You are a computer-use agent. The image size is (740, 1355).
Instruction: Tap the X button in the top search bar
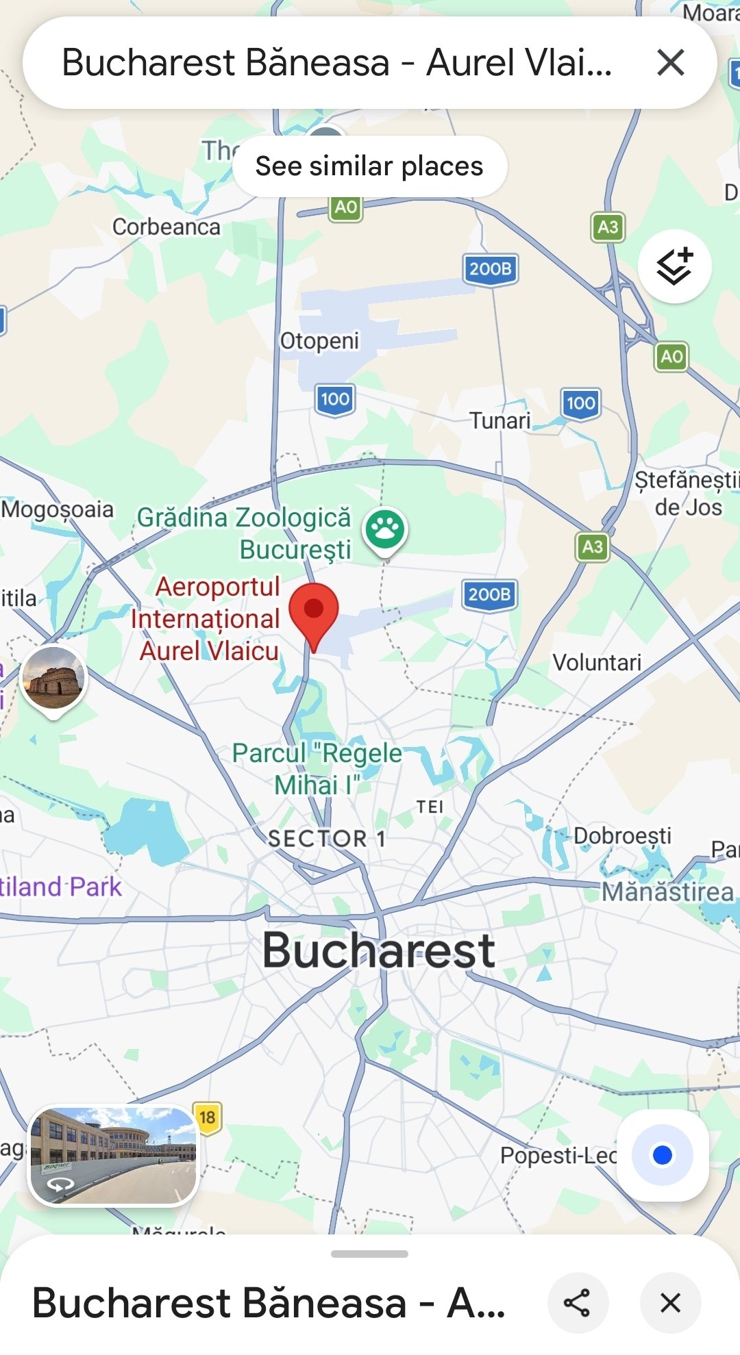(x=670, y=63)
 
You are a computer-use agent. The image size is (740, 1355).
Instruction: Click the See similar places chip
(x=369, y=166)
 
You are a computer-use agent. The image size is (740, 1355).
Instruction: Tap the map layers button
(x=674, y=266)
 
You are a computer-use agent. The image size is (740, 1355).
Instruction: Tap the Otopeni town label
(x=319, y=340)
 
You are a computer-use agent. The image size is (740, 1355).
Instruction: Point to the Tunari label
(x=500, y=420)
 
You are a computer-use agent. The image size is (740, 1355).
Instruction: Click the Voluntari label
(x=597, y=662)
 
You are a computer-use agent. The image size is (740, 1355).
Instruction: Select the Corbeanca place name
(x=166, y=227)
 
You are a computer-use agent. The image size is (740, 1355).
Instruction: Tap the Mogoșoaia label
(x=58, y=509)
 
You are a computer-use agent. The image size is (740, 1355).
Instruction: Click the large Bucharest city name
(x=379, y=950)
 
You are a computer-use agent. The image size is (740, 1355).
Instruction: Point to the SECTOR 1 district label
(x=327, y=838)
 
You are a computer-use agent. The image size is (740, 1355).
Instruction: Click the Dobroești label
(x=622, y=836)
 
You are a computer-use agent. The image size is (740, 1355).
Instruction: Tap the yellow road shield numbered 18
(x=207, y=1117)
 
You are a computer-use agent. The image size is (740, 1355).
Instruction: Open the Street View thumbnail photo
(x=113, y=1154)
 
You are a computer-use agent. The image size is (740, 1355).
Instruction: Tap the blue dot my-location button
(x=662, y=1155)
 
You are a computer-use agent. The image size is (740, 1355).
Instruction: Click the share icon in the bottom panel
(x=577, y=1302)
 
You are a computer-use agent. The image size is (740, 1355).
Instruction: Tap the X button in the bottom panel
(x=670, y=1302)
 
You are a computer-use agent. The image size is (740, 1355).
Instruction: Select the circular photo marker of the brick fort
(x=53, y=679)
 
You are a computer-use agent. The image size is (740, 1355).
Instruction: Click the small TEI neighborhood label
(x=430, y=807)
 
